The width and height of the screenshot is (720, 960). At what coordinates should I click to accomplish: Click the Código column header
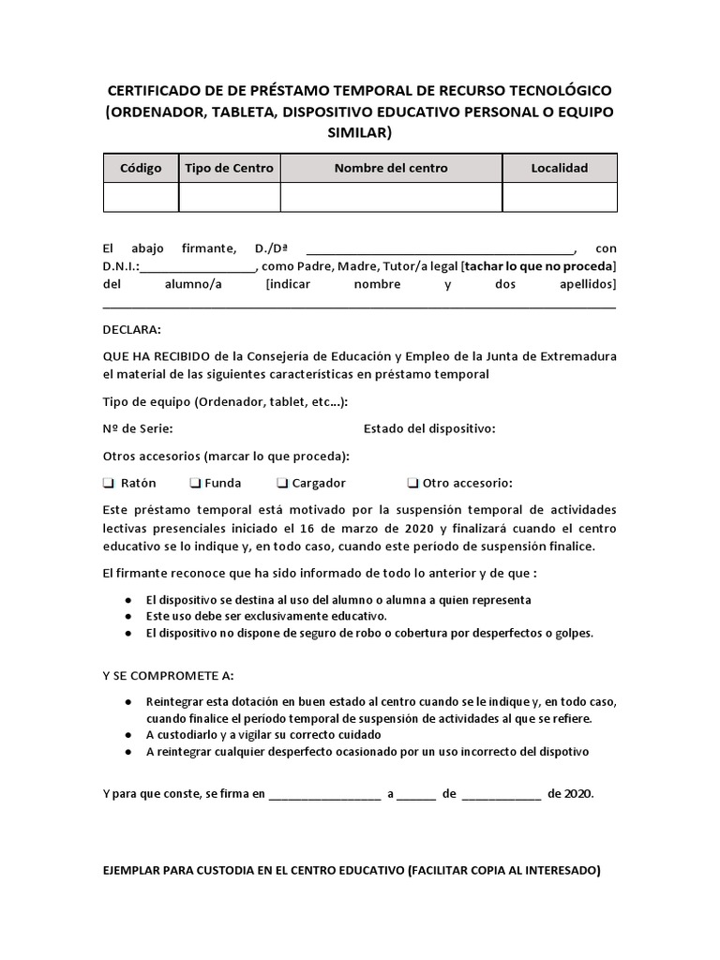coord(141,168)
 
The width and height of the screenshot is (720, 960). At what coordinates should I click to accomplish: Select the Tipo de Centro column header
coord(229,168)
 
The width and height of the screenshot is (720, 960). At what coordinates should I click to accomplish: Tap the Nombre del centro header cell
coord(391,168)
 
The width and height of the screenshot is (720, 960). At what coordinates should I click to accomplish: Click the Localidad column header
coord(559,168)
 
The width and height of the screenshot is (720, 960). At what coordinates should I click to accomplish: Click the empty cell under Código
coord(141,197)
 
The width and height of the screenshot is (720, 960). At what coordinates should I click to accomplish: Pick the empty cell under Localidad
coord(559,197)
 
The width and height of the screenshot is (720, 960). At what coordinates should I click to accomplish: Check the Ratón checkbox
coord(108,484)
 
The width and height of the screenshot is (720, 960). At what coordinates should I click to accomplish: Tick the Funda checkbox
coord(195,484)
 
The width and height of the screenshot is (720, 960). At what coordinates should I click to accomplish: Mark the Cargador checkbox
coord(282,484)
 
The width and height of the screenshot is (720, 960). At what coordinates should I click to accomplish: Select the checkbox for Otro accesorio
coord(412,484)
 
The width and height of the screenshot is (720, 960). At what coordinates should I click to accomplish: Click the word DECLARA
coord(131,330)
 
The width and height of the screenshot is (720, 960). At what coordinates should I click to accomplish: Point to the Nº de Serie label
coord(137,428)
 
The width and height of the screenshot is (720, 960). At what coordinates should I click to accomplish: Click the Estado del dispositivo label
coord(428,428)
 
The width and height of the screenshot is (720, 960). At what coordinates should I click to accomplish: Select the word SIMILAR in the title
coord(359,133)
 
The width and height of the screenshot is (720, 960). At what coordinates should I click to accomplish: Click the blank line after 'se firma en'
coord(324,794)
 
